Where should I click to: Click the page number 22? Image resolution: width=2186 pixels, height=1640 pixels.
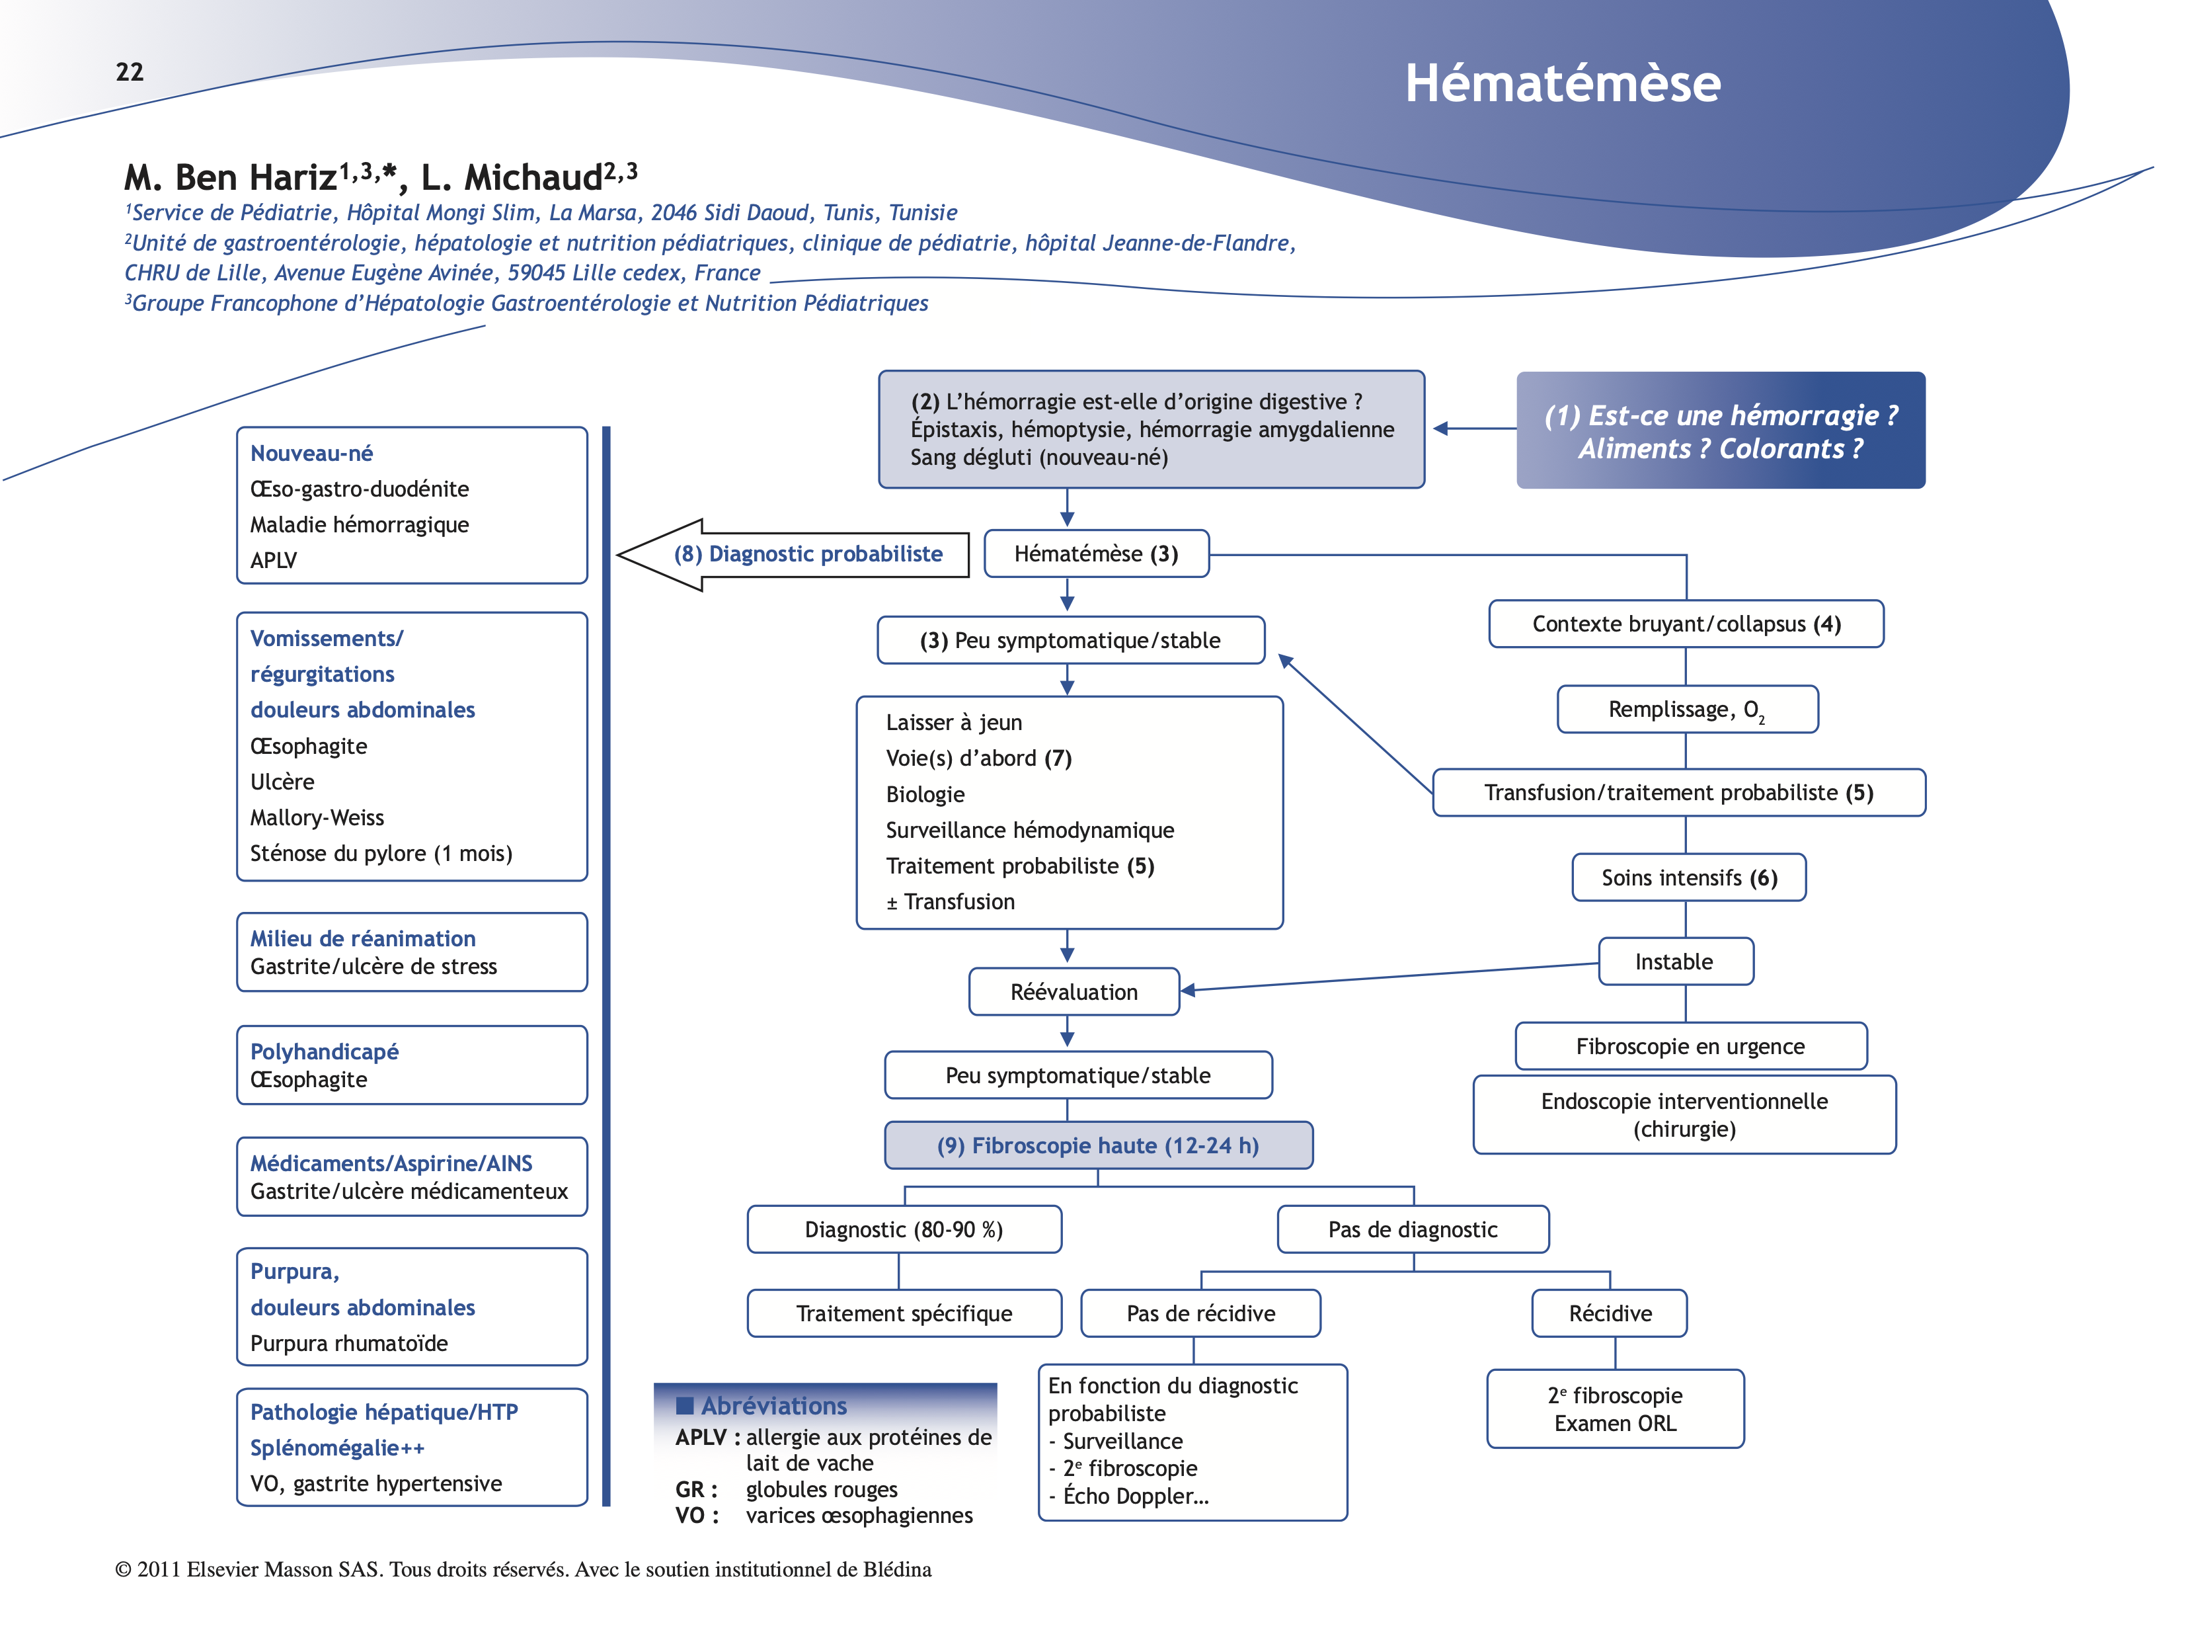tap(130, 72)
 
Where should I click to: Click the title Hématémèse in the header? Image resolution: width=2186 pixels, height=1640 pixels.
tap(1563, 83)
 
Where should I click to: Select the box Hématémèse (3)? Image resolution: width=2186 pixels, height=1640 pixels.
tap(1096, 553)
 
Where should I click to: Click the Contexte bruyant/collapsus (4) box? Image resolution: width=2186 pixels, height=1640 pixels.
tap(1686, 624)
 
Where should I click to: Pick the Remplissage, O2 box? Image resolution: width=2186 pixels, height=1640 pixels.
tap(1687, 710)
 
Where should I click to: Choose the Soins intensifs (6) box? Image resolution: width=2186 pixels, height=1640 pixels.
tap(1689, 878)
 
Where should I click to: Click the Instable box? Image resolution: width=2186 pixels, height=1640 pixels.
tap(1675, 962)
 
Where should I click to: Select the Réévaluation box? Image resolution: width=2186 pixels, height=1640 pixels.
tap(1074, 991)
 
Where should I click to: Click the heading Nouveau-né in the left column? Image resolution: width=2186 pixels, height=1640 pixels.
tap(311, 454)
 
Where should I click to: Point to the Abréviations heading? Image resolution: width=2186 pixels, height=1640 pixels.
tap(774, 1406)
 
